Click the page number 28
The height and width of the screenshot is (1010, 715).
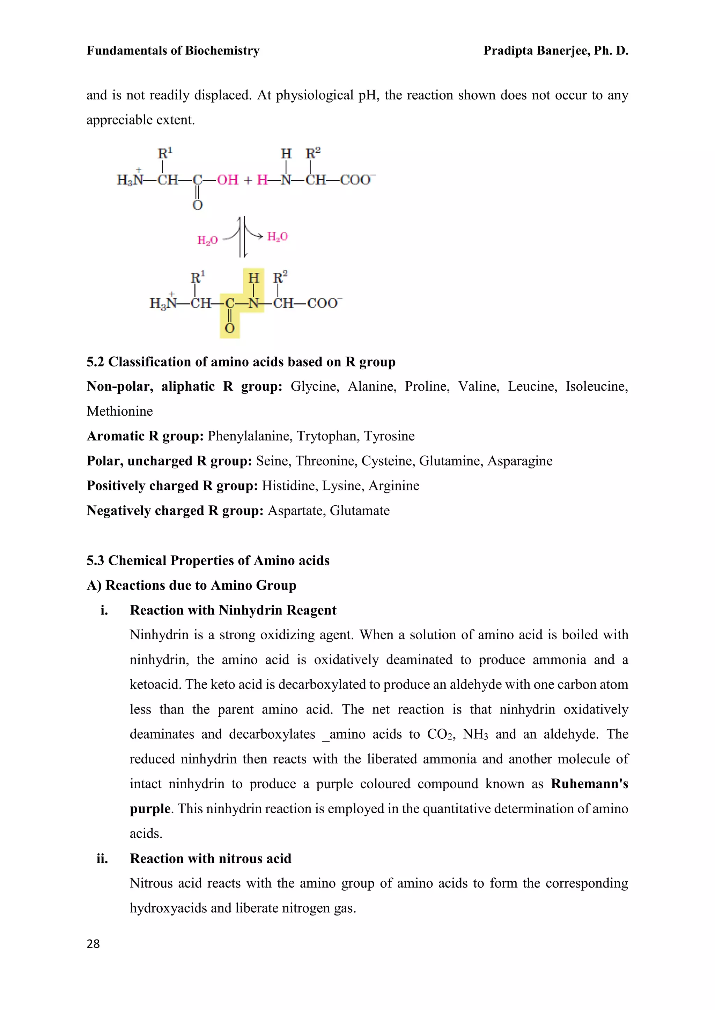pyautogui.click(x=93, y=944)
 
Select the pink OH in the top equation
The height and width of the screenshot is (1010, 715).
pyautogui.click(x=227, y=180)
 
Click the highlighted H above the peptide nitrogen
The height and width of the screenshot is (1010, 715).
pyautogui.click(x=253, y=278)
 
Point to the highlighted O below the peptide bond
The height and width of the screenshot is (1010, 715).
pyautogui.click(x=229, y=328)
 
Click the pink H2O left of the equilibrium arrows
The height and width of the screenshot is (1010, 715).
pyautogui.click(x=207, y=240)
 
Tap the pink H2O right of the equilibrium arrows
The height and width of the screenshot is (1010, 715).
pyautogui.click(x=277, y=237)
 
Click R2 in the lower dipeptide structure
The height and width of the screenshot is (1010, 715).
pyautogui.click(x=280, y=278)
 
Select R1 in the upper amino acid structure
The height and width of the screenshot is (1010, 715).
pyautogui.click(x=165, y=153)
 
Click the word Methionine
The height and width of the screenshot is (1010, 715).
pyautogui.click(x=120, y=411)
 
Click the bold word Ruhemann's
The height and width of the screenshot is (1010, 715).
pyautogui.click(x=589, y=784)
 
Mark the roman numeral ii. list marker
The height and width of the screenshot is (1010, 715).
pyautogui.click(x=102, y=859)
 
